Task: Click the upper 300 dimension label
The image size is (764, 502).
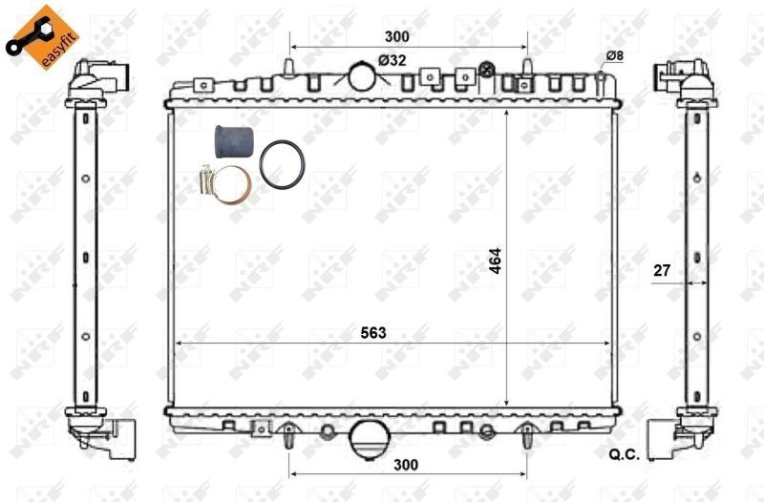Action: point(396,36)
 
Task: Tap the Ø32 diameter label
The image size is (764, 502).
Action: point(392,60)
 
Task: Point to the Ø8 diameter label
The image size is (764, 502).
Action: point(614,56)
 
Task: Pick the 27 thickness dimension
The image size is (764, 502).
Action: point(661,271)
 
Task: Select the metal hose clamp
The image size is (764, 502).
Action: point(227,181)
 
